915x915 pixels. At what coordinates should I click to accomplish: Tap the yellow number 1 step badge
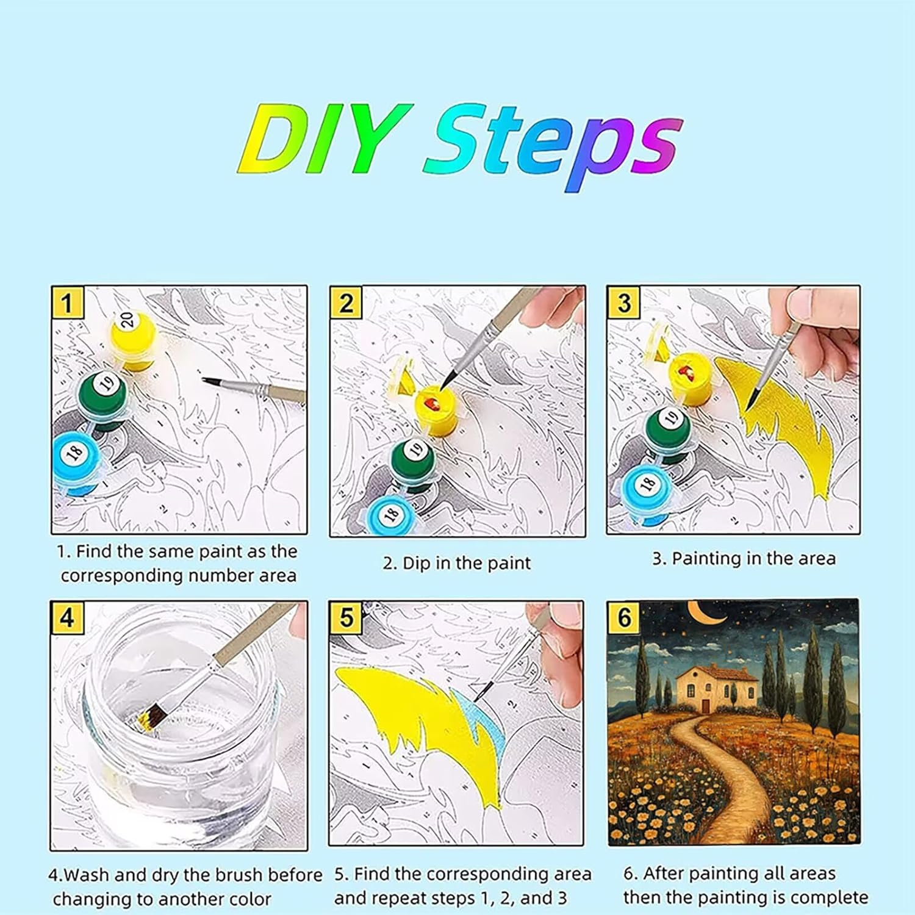click(x=67, y=303)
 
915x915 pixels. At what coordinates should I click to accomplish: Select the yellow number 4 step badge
click(x=67, y=617)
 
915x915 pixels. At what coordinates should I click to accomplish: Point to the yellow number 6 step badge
click(x=624, y=617)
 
